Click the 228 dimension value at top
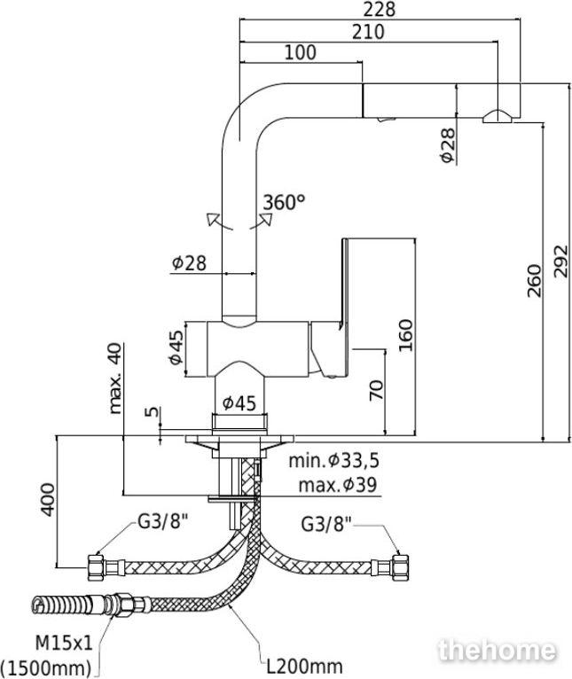point(380,10)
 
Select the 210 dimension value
point(368,32)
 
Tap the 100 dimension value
point(301,52)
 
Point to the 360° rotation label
point(285,202)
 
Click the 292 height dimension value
point(561,261)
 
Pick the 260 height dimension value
point(534,281)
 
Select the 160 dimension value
point(405,336)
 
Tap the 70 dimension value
point(376,390)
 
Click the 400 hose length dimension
point(48,500)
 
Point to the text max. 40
point(115,379)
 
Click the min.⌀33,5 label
point(334,461)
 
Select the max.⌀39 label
point(338,485)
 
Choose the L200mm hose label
point(304,666)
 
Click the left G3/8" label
point(162,523)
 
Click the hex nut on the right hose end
point(400,566)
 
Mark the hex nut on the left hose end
point(95,567)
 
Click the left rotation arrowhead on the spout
point(212,218)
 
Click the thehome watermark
point(497,651)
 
